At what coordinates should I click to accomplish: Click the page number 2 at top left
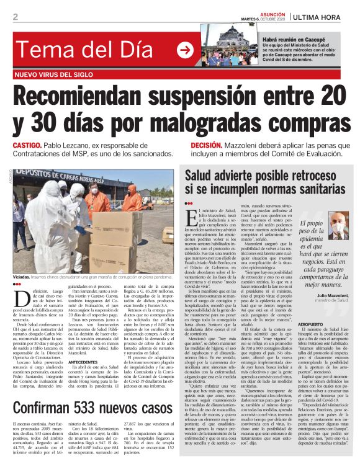click(15, 17)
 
